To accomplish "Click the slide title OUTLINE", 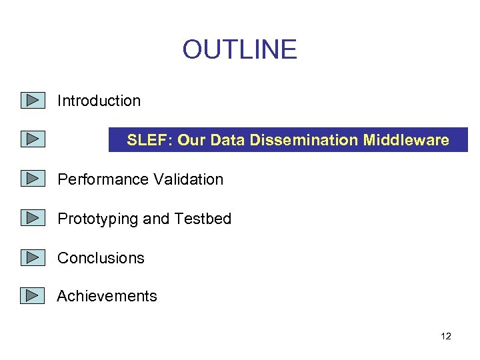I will point(239,50).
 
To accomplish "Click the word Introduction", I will point(99,101).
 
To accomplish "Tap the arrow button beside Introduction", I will point(32,101).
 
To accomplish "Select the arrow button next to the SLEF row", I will point(32,140).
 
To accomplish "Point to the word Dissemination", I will point(313,140).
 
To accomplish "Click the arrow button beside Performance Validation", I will point(32,179).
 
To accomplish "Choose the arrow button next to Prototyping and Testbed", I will point(32,219).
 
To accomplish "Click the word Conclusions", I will point(101,258).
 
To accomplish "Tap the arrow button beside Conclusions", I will point(32,258).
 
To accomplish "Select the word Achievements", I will point(107,296).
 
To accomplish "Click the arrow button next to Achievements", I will point(32,296).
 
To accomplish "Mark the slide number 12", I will point(446,336).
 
